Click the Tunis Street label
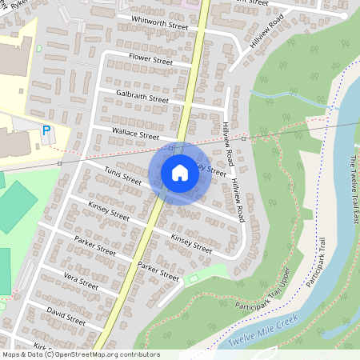tap(123, 175)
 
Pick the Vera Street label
tap(82, 283)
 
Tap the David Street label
tap(66, 314)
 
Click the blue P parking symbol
tap(46, 130)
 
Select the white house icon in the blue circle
tap(180, 172)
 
